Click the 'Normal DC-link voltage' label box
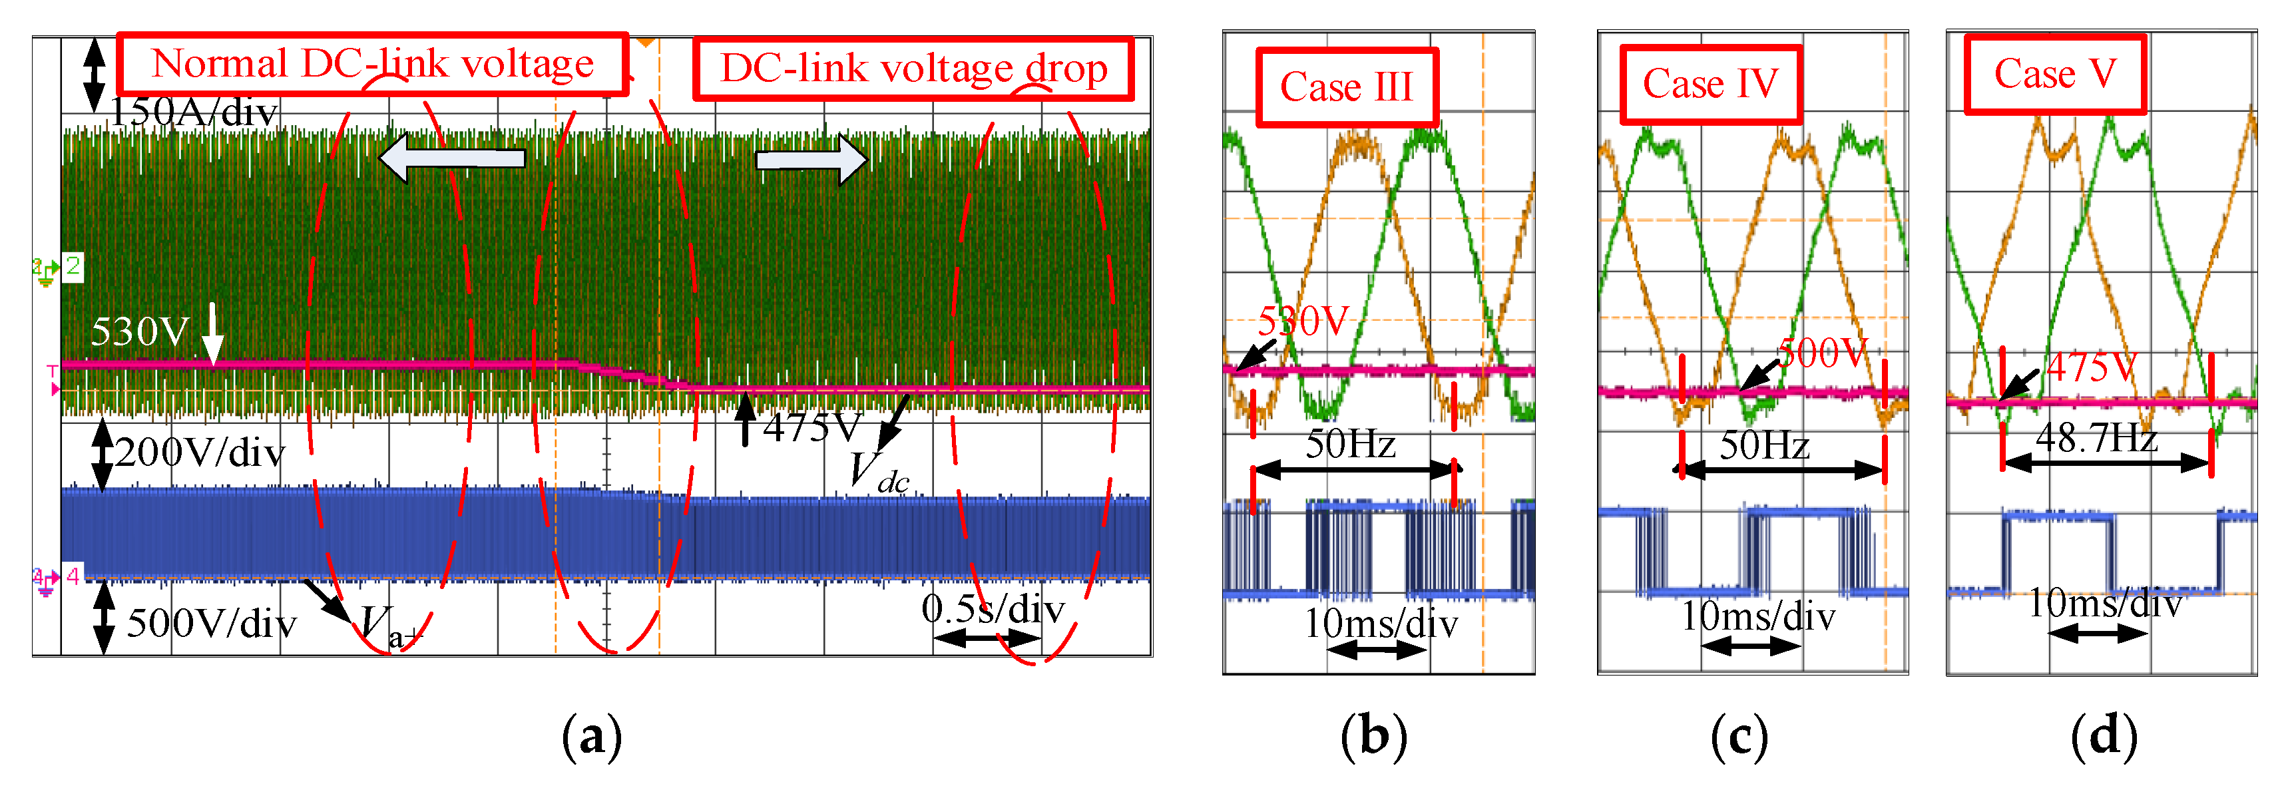[x=372, y=64]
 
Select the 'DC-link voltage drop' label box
[x=913, y=69]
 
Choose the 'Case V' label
[x=2054, y=74]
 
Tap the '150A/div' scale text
[x=194, y=113]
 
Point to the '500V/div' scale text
[x=212, y=624]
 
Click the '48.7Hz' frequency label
[x=2096, y=438]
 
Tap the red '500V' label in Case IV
[x=1823, y=353]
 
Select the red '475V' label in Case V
[x=2092, y=367]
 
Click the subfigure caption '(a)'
[x=592, y=737]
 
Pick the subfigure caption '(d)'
[x=2103, y=737]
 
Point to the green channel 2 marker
[x=72, y=266]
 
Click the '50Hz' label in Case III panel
[x=1350, y=444]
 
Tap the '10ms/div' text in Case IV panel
[x=1757, y=616]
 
